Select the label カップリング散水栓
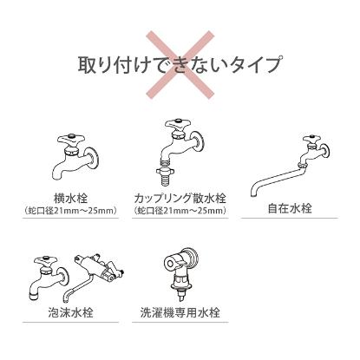[180, 198]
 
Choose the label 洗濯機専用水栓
[180, 310]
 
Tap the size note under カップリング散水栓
[180, 210]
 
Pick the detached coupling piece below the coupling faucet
[166, 165]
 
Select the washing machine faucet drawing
[180, 269]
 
